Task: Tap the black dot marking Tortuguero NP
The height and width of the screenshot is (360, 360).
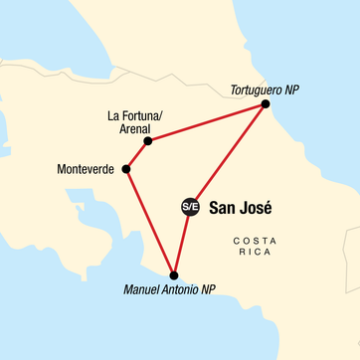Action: click(x=265, y=103)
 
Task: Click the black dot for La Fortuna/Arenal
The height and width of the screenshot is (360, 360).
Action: click(x=147, y=141)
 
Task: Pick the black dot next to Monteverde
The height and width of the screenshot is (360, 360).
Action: click(x=126, y=169)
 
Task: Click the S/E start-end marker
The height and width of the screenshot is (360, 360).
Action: click(x=189, y=207)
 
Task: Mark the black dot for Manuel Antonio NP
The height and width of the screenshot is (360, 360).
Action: click(x=174, y=274)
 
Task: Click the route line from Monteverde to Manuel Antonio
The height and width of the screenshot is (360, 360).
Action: click(x=149, y=221)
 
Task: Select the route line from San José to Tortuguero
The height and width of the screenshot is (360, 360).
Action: click(x=227, y=155)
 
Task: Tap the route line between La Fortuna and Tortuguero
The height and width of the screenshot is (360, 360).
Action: click(x=206, y=122)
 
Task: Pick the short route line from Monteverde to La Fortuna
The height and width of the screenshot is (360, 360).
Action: click(x=136, y=155)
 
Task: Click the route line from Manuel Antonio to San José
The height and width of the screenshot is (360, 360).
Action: click(x=182, y=240)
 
